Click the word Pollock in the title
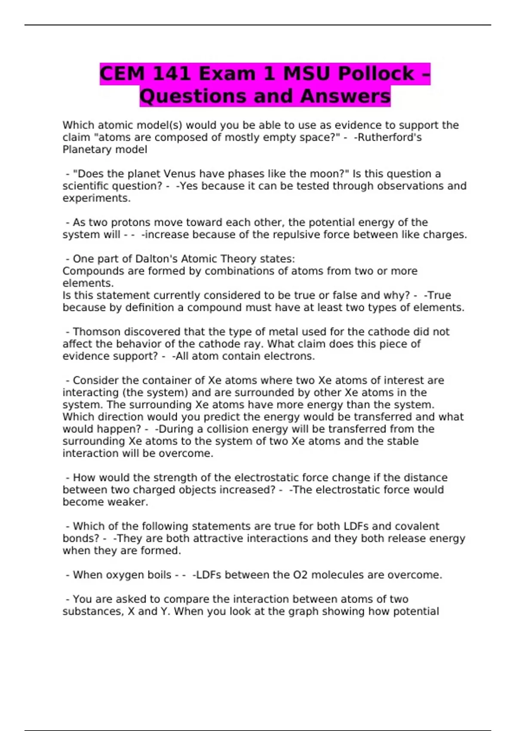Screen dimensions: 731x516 (x=376, y=74)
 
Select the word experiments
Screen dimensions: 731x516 (x=96, y=198)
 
